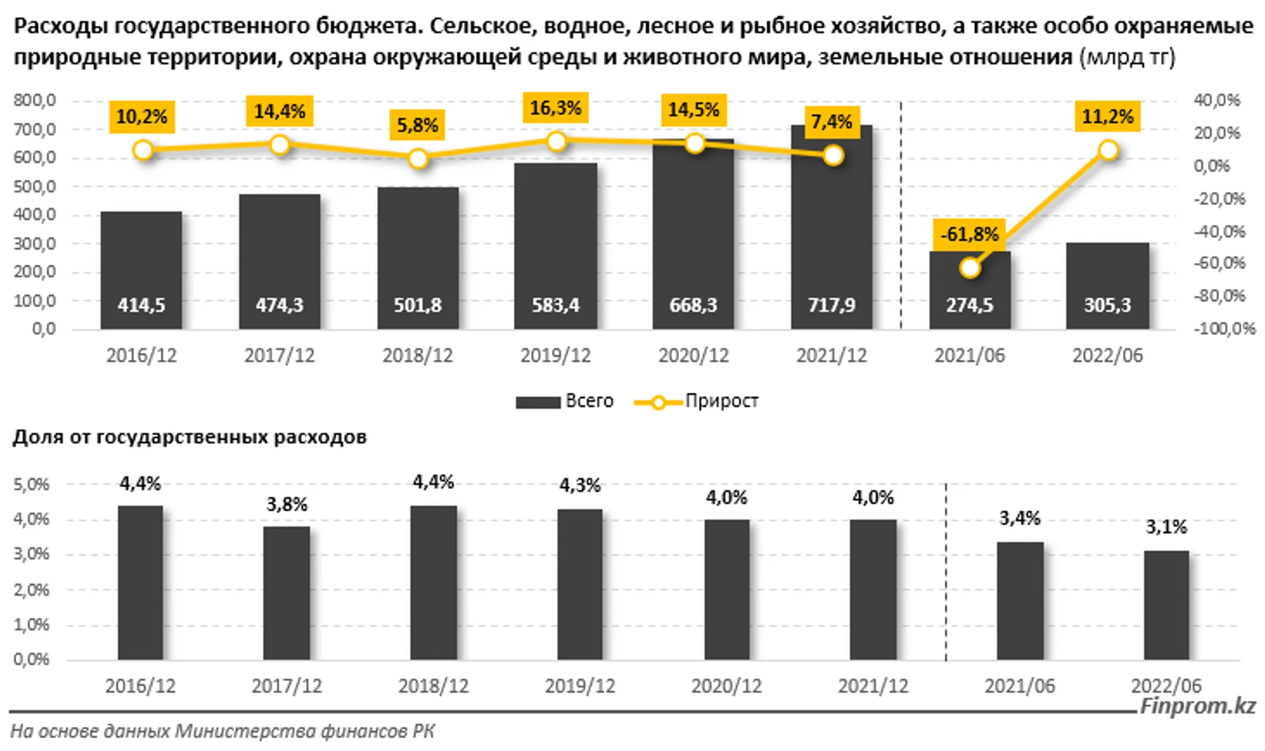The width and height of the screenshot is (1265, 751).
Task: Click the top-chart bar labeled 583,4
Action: [x=555, y=246]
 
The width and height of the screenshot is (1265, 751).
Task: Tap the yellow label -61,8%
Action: [x=969, y=234]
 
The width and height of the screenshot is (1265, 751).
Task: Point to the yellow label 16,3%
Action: [x=555, y=108]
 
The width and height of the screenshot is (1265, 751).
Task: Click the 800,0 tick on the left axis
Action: [x=35, y=100]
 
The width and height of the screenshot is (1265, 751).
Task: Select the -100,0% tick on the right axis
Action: [x=1224, y=329]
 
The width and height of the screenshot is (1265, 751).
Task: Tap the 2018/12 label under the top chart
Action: [x=418, y=356]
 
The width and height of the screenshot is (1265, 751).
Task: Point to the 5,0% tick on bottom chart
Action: [x=32, y=484]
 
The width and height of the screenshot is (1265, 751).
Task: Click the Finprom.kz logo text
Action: [x=1198, y=706]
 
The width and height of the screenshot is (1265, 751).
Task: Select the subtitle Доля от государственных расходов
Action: [x=190, y=437]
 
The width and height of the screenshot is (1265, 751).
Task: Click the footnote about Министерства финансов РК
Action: [x=223, y=732]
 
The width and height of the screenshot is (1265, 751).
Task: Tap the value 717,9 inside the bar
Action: [x=831, y=305]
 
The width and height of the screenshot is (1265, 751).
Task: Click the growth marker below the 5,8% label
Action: [x=418, y=159]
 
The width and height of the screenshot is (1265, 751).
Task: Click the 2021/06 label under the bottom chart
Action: [x=1019, y=686]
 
